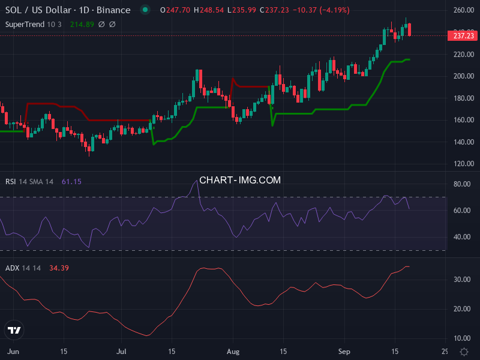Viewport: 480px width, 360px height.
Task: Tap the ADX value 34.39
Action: pos(59,268)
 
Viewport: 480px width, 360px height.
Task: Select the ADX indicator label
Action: pos(12,268)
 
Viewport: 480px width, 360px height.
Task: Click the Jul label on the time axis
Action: pos(122,351)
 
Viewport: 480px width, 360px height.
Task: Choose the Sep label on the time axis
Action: pos(344,351)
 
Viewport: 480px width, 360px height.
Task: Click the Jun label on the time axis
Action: pos(12,351)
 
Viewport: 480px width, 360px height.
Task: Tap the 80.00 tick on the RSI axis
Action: pos(460,184)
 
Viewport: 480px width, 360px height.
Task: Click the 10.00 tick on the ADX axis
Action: pos(460,338)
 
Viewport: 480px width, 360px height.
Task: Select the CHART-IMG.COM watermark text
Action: pos(240,179)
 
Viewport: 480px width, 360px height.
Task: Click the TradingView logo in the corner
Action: pos(14,330)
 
